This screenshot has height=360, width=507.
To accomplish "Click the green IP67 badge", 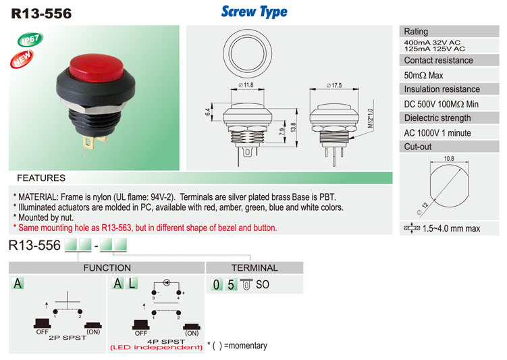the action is coord(30,39).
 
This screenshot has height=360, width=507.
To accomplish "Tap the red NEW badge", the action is coord(22,59).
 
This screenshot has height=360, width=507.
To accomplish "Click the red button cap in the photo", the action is coord(97,68).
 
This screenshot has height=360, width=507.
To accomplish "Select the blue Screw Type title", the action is coord(254,11).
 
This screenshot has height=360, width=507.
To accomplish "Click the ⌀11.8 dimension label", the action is coord(246,85).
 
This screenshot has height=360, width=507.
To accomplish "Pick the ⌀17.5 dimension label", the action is coord(334,85).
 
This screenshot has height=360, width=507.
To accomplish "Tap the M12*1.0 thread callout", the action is coord(371,118).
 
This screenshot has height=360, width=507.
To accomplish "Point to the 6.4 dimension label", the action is coord(207,112).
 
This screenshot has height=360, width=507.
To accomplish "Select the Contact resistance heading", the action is coord(438,61).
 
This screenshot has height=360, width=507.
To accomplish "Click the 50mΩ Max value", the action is coord(423,76).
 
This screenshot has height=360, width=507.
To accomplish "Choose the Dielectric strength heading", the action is coord(437,118).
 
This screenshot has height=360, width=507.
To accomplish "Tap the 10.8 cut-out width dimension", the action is coord(449,159).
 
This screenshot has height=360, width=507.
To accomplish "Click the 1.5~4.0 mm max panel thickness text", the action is coord(451,229).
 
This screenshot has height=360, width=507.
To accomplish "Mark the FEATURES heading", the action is coord(41,178).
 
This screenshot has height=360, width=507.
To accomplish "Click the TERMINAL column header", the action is coord(255,268).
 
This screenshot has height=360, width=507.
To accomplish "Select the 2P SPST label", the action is coord(68,338).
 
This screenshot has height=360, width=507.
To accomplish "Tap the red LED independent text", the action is coord(157,348).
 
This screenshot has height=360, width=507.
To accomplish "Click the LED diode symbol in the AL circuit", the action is coord(167,282).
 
